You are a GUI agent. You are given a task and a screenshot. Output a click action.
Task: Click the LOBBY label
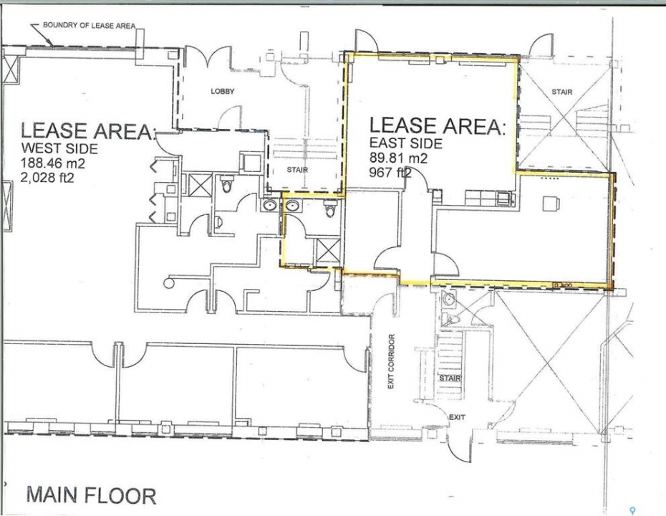[x=223, y=91]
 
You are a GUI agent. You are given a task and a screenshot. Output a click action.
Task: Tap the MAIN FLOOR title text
[x=92, y=496]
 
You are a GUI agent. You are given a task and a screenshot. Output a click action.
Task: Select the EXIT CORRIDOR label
[x=391, y=361]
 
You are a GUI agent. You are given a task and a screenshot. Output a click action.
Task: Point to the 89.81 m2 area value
[x=398, y=158]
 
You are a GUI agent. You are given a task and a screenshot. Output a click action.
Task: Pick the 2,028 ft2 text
[x=47, y=177]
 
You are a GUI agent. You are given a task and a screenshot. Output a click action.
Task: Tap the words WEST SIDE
[x=59, y=148]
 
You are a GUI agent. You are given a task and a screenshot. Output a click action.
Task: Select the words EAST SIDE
[x=406, y=143]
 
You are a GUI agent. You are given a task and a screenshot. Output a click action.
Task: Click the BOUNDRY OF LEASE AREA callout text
[x=89, y=26]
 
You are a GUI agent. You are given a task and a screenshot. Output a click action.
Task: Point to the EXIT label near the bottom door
[x=457, y=417]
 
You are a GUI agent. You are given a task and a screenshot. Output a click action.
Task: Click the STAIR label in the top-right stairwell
[x=562, y=92]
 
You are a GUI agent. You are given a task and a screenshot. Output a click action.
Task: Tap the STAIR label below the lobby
[x=297, y=170]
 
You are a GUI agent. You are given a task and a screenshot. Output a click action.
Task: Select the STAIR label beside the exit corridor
[x=450, y=378]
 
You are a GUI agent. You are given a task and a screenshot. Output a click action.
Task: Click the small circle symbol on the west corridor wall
[x=169, y=283]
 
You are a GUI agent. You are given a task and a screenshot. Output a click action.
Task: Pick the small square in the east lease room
[x=549, y=204]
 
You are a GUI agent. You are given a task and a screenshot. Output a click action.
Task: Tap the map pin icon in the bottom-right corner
[x=633, y=510]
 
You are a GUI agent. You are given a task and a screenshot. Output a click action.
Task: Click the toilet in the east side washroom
[x=330, y=209]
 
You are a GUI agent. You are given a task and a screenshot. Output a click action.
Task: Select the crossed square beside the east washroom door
[x=328, y=252]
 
